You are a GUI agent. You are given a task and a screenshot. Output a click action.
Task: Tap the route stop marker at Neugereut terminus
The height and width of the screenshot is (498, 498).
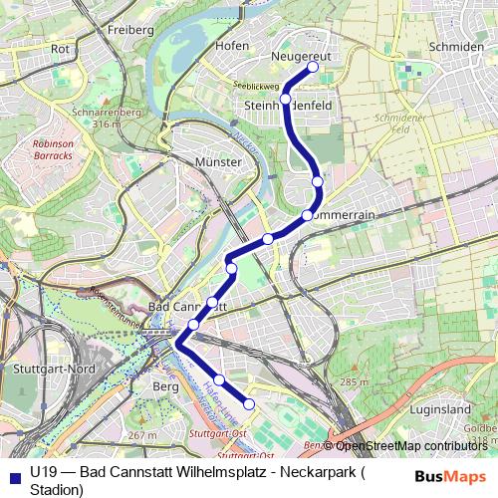click(312, 67)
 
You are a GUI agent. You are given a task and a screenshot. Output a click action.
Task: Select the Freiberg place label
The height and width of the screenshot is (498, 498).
click(129, 30)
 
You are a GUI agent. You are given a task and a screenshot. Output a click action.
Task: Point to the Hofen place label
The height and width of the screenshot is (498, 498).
click(231, 46)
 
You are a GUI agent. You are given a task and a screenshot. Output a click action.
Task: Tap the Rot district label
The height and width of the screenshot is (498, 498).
click(60, 48)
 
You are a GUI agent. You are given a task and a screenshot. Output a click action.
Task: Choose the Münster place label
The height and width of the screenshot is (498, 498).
click(219, 161)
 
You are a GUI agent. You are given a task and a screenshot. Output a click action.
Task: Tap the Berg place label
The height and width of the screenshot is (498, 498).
click(164, 385)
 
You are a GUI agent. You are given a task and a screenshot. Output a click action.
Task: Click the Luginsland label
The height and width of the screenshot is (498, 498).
click(439, 409)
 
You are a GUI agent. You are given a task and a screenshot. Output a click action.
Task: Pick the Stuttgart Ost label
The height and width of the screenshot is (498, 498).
click(216, 434)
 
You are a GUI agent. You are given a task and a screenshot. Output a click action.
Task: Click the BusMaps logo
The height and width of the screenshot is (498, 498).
click(449, 476)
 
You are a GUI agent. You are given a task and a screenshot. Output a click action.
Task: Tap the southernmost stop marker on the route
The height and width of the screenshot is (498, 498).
click(249, 403)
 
